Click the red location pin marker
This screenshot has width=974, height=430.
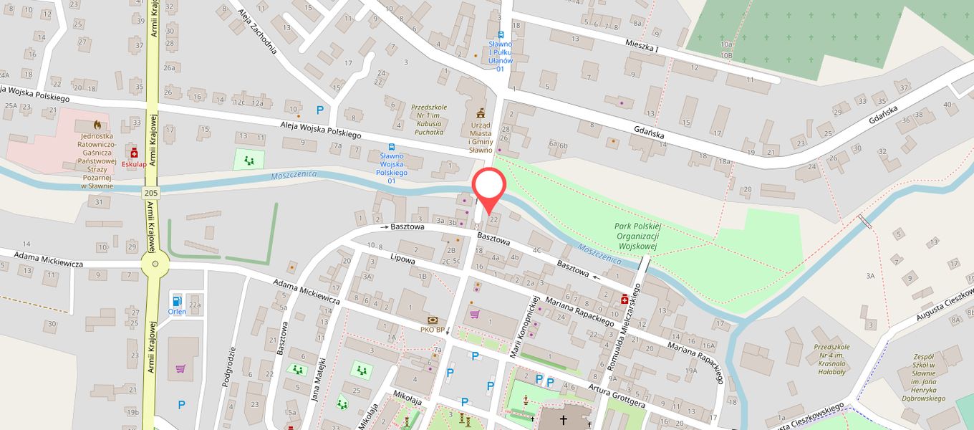click(x=489, y=188)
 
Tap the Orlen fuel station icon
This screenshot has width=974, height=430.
click(x=177, y=299)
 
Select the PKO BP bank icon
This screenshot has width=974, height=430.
click(x=433, y=320)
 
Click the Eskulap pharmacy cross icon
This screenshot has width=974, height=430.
click(x=134, y=153)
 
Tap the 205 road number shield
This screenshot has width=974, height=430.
click(x=151, y=193)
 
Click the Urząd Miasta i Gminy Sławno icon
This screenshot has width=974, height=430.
click(x=481, y=113)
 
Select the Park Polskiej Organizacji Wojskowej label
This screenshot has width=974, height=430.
click(x=637, y=236)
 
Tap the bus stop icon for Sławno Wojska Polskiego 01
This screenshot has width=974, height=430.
click(x=392, y=146)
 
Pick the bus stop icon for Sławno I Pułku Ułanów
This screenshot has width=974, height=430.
click(x=501, y=34)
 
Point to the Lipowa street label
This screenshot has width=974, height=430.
click(x=403, y=260)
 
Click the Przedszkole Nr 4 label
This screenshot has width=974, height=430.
click(x=831, y=359)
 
